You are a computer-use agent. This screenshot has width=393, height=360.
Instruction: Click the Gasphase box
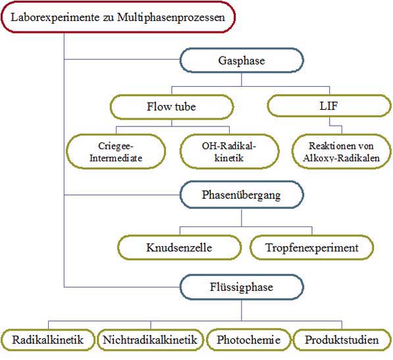(242, 61)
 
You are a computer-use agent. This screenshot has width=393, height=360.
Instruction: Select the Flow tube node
(172, 107)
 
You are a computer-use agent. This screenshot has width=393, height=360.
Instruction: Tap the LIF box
(329, 106)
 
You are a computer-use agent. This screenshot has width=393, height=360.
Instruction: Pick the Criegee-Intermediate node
(116, 151)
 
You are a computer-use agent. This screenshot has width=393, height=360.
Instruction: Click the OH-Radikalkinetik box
(229, 151)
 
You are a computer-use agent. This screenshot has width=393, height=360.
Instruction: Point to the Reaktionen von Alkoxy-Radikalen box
(342, 151)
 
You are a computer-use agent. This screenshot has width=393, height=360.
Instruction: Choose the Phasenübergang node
(242, 195)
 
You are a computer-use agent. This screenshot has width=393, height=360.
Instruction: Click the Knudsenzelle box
(180, 247)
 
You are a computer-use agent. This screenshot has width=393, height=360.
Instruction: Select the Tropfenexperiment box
(312, 247)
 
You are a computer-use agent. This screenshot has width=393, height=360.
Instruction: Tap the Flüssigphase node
(242, 287)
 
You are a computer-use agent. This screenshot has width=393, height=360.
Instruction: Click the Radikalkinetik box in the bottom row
(48, 340)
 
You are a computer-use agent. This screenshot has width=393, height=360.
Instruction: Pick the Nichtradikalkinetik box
(150, 340)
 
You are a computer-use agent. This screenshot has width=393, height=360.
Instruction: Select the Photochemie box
(249, 340)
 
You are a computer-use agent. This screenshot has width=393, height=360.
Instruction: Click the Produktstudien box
(342, 340)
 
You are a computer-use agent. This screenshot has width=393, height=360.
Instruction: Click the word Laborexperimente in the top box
(55, 18)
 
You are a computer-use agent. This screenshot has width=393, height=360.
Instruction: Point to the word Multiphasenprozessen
(171, 18)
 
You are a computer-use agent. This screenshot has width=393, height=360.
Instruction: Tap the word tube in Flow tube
(185, 107)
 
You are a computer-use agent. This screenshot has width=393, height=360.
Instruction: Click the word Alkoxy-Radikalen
(342, 158)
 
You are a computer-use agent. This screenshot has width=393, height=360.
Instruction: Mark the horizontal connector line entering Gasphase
(122, 60)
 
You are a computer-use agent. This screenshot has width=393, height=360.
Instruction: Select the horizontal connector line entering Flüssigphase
(122, 287)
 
